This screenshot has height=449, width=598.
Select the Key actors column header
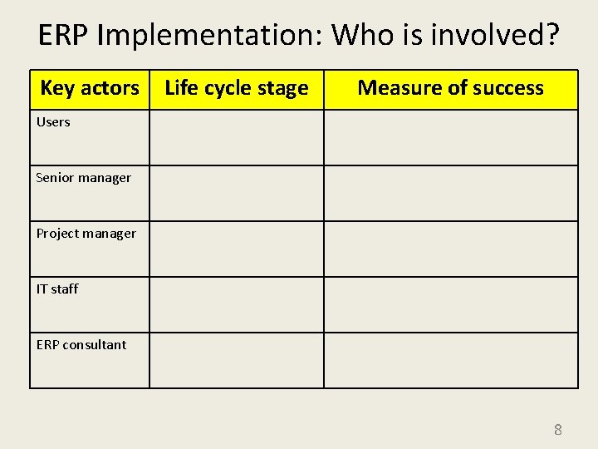(x=90, y=88)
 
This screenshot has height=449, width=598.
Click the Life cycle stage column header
(x=237, y=88)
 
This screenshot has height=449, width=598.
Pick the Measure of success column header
(x=450, y=88)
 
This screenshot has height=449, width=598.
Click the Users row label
(x=53, y=122)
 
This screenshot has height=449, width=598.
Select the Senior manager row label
(x=84, y=178)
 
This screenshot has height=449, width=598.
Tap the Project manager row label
(x=86, y=234)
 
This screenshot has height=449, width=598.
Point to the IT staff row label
(x=57, y=289)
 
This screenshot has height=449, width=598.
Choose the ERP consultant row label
(x=81, y=345)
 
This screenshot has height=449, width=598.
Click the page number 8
(x=558, y=430)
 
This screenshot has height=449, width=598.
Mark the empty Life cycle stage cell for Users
(x=237, y=138)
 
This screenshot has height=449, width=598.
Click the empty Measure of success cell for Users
(x=450, y=138)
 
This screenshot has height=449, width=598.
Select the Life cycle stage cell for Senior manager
(x=237, y=194)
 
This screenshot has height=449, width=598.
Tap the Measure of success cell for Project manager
(x=450, y=249)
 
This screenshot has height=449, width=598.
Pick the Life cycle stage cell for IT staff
(x=237, y=305)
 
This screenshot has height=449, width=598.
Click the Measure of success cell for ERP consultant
(x=450, y=361)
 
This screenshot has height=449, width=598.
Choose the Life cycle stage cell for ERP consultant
(x=237, y=361)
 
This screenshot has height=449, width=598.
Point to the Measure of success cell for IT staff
(x=450, y=305)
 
